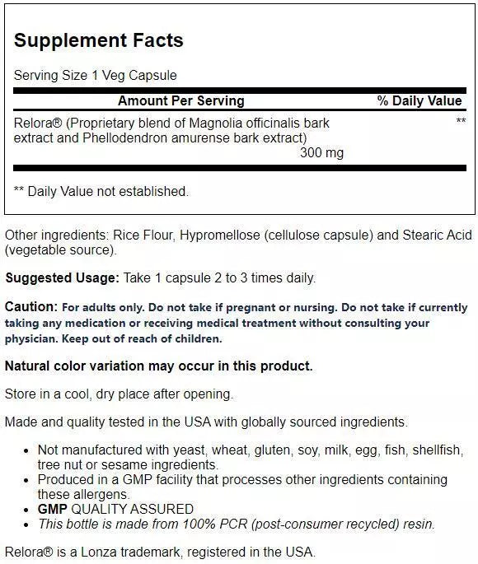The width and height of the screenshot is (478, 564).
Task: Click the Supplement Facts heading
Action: (99, 40)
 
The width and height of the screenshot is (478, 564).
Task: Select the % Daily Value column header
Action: (419, 101)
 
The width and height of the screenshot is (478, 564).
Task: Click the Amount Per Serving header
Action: (181, 101)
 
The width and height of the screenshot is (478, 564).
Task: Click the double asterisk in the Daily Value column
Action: (461, 122)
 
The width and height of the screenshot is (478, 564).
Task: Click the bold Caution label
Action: (31, 307)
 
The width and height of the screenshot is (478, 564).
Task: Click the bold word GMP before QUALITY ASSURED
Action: (53, 509)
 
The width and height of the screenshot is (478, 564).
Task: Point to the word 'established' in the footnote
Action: (150, 191)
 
